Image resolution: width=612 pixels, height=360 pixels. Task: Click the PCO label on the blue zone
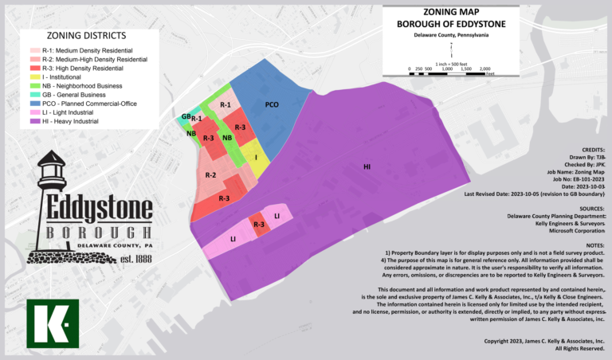pyautogui.click(x=272, y=104)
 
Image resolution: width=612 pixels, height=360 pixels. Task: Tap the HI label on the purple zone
pyautogui.click(x=367, y=166)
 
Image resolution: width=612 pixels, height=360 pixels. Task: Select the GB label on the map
pyautogui.click(x=186, y=116)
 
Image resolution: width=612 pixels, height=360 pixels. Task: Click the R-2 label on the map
pyautogui.click(x=210, y=175)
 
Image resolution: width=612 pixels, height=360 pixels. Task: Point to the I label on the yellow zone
pyautogui.click(x=256, y=158)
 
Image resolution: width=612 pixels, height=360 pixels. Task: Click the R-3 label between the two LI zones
pyautogui.click(x=259, y=225)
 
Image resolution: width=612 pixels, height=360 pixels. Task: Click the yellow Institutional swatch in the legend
pyautogui.click(x=36, y=77)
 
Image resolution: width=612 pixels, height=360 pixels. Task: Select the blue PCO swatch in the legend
pyautogui.click(x=36, y=104)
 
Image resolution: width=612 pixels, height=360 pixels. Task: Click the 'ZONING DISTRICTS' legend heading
pyautogui.click(x=86, y=36)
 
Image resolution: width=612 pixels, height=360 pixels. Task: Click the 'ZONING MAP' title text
pyautogui.click(x=451, y=12)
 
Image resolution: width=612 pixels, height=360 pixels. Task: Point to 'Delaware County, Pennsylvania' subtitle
pyautogui.click(x=450, y=36)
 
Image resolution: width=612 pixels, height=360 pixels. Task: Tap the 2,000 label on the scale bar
pyautogui.click(x=484, y=68)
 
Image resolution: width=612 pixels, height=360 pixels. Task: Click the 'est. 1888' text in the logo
pyautogui.click(x=138, y=259)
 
